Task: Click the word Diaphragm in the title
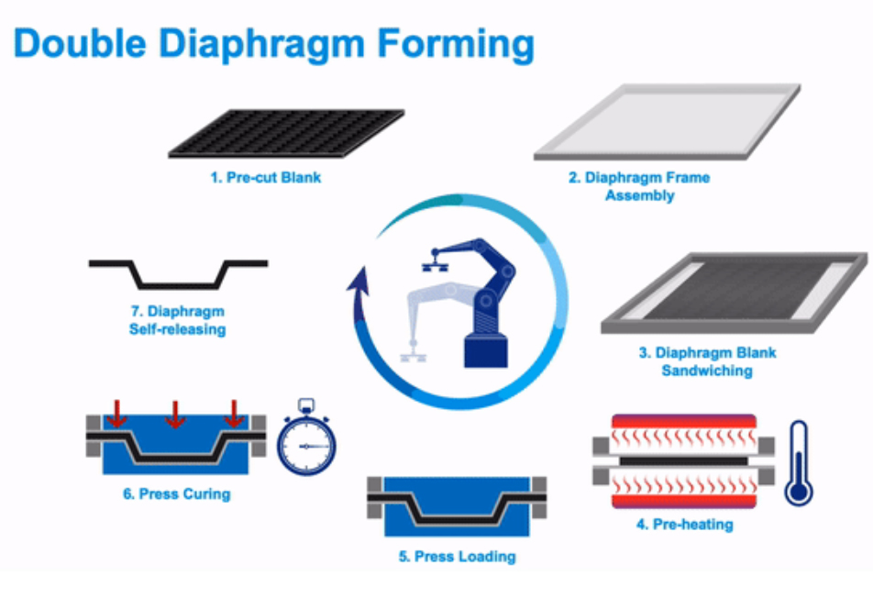[x=260, y=44]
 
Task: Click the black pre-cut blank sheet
[x=286, y=134]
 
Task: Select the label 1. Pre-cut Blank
[x=265, y=177]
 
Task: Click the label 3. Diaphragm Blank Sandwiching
[x=707, y=361]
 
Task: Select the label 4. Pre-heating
[x=684, y=526]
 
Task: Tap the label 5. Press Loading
[x=458, y=557]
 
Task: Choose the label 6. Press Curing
[x=176, y=494]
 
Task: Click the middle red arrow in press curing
[x=174, y=415]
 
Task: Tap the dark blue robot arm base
[x=486, y=349]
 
